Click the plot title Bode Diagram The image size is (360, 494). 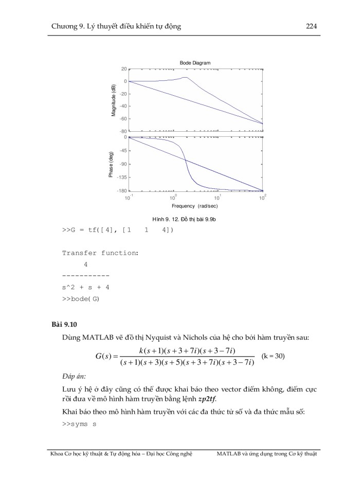click(195, 63)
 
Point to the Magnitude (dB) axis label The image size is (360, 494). click(114, 100)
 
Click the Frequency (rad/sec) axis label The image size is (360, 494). click(195, 206)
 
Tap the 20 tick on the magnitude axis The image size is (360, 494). click(123, 69)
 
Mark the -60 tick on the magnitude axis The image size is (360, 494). click(122, 118)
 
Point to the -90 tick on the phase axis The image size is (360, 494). click(122, 164)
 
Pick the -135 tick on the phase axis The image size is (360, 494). click(121, 177)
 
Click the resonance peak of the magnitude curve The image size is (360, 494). click(185, 77)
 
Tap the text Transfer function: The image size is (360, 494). click(100, 253)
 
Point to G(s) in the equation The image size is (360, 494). click(106, 356)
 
